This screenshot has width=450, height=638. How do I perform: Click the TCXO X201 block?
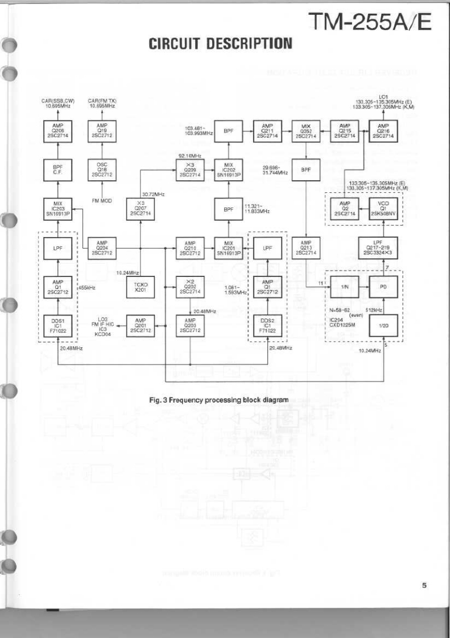(140, 287)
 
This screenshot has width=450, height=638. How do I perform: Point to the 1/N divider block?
(344, 287)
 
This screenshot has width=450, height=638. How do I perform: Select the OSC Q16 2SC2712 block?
(102, 170)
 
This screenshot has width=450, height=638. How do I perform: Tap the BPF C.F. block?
(58, 170)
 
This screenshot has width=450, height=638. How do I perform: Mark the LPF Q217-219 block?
(382, 248)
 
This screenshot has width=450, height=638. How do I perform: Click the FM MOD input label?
(102, 201)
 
